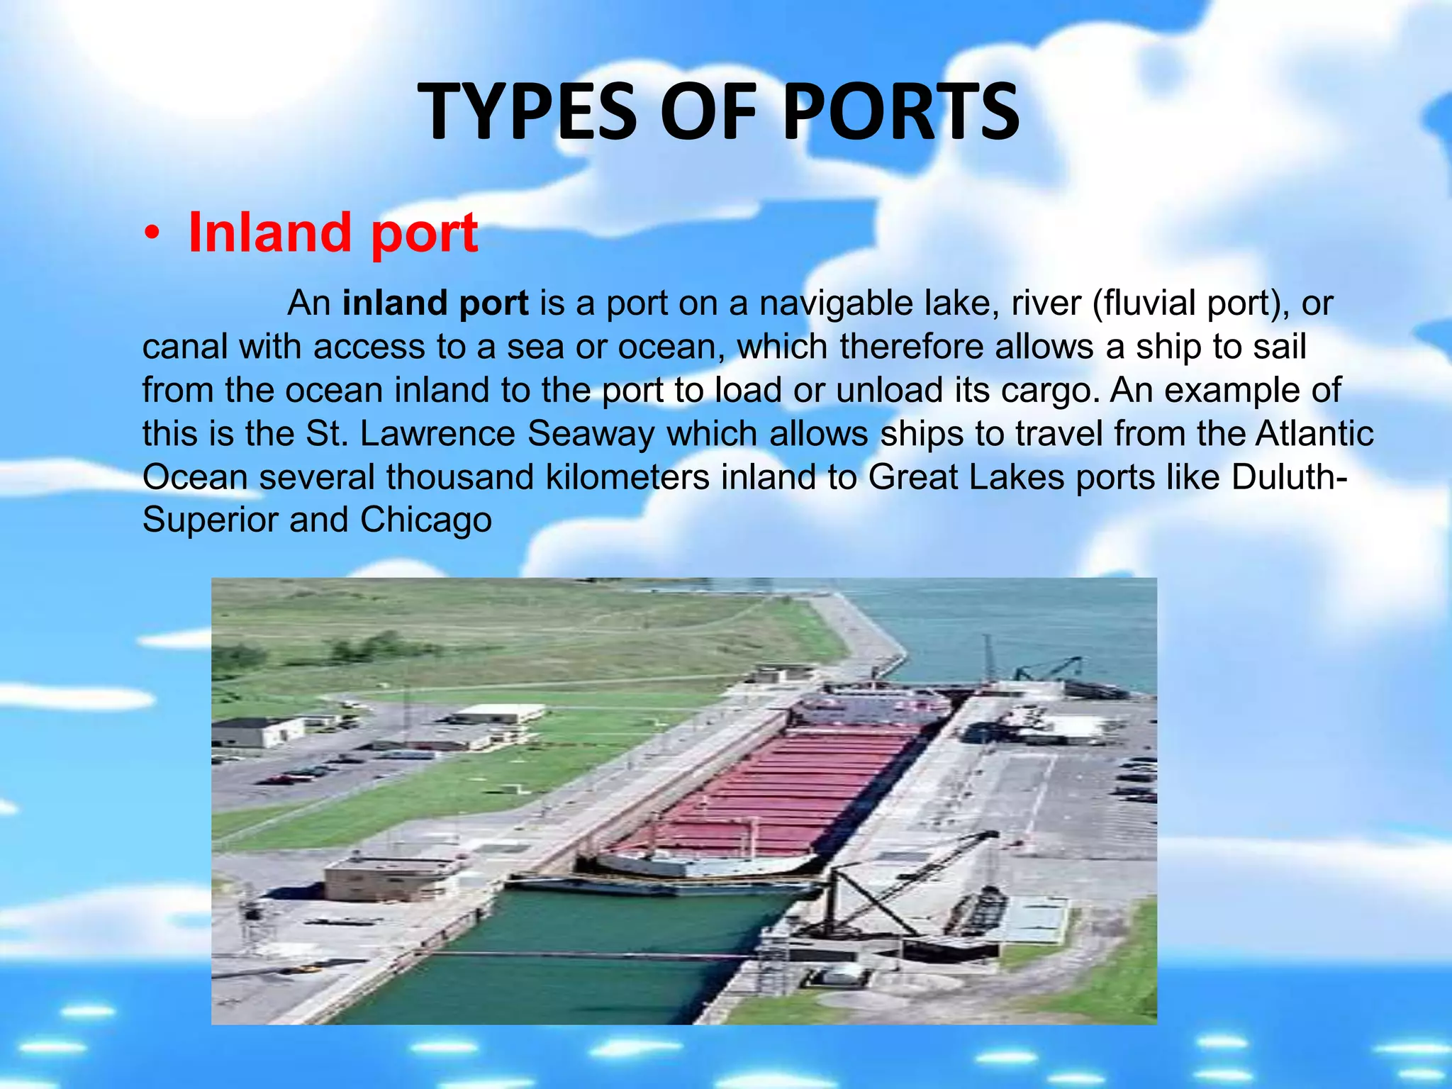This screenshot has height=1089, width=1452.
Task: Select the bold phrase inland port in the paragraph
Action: (x=435, y=303)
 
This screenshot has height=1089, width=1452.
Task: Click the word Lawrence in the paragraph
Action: (x=437, y=434)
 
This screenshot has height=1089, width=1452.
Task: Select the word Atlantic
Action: (x=1314, y=434)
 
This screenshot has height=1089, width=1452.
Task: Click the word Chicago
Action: (x=425, y=520)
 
